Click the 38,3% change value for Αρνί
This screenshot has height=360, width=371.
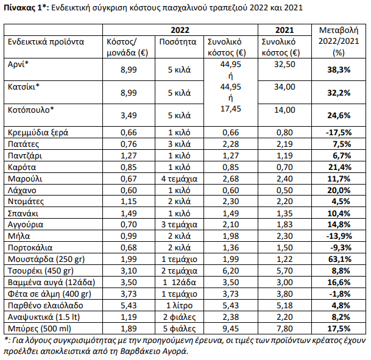339,70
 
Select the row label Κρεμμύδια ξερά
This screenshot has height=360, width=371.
38,132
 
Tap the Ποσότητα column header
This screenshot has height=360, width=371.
178,42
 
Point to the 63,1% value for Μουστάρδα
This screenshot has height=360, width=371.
340,259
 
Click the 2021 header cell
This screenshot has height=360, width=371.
284,30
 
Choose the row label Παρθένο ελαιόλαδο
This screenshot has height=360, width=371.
46,305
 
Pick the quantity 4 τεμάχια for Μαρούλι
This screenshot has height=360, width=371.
179,178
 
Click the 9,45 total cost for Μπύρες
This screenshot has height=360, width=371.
230,328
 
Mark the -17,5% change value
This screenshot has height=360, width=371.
339,132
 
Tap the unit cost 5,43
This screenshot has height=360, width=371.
129,305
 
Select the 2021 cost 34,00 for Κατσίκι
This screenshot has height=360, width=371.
284,87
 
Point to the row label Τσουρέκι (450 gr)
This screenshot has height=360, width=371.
41,270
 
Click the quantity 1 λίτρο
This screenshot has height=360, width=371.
179,306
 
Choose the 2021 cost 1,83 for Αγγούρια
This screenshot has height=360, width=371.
284,225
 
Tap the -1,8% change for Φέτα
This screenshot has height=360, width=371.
340,294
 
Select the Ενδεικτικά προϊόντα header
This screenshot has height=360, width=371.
46,42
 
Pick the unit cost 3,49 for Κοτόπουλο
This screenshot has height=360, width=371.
129,115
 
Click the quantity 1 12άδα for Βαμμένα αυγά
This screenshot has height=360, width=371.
179,283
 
